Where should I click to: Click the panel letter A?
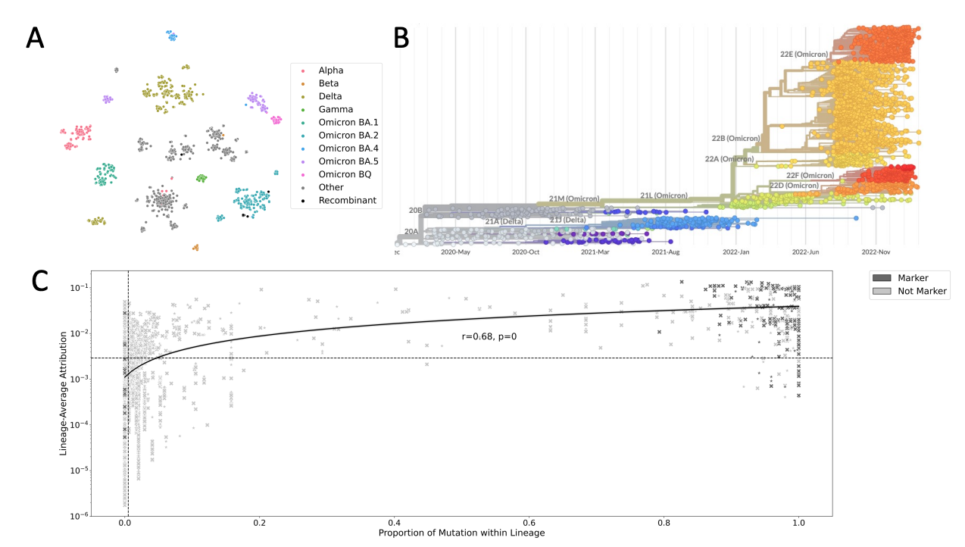(35, 38)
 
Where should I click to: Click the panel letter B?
(401, 38)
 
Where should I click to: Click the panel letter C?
(42, 280)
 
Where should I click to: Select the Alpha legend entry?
(330, 70)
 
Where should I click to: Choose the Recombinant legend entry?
(347, 201)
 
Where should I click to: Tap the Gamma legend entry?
(336, 109)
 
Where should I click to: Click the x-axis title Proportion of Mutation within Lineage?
(461, 533)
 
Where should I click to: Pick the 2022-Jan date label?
(735, 252)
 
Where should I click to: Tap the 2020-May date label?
(454, 252)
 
